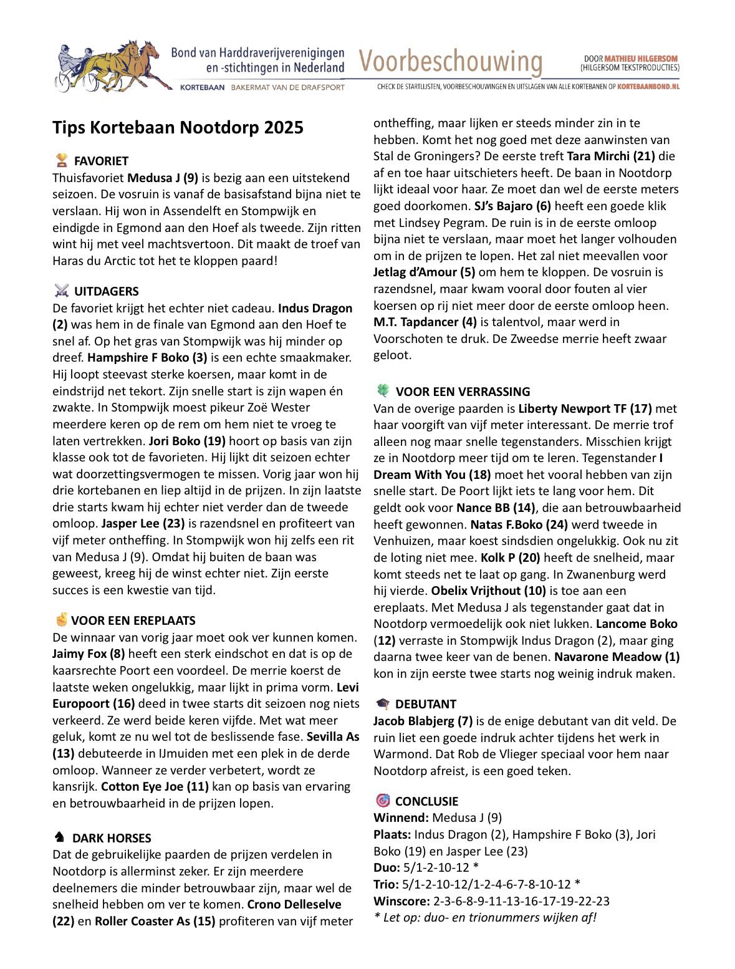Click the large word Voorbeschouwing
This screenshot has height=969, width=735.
[450, 62]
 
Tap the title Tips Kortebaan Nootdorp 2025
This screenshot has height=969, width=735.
[178, 127]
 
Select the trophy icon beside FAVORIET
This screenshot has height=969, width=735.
[62, 161]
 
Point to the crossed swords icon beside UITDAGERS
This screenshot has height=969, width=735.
[62, 291]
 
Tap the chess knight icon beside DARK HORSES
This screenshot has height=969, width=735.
[60, 837]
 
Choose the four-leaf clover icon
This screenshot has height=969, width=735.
[383, 391]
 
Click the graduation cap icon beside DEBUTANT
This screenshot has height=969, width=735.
[383, 704]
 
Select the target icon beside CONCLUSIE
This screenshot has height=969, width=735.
[383, 801]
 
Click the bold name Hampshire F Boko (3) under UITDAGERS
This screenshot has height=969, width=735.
[147, 358]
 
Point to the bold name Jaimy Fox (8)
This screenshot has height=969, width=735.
[89, 653]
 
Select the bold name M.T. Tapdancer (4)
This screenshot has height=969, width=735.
[425, 322]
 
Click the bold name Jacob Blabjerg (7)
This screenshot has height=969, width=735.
[423, 721]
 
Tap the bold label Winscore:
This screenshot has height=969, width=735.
[401, 900]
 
